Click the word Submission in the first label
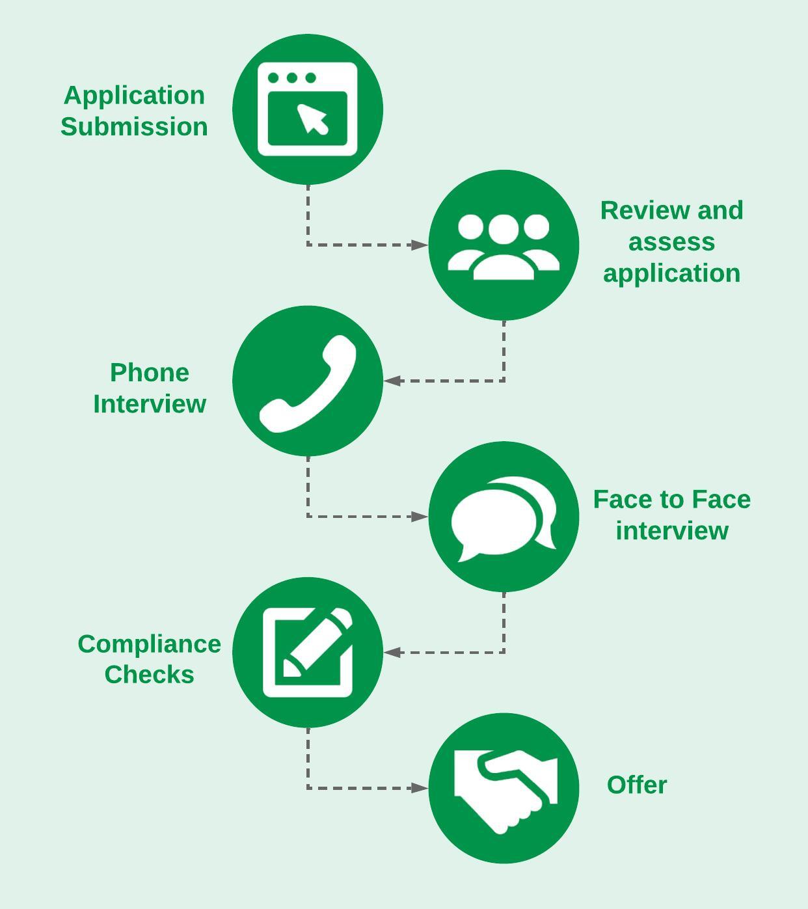(x=134, y=127)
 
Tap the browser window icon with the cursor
(x=307, y=109)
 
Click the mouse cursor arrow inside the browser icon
(x=313, y=119)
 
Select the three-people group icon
(x=504, y=247)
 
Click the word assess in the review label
(x=671, y=242)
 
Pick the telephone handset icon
(x=308, y=383)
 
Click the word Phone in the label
(x=150, y=373)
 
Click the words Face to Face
(x=671, y=500)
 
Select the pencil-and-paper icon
(x=308, y=652)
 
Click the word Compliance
(x=150, y=644)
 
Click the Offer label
(x=636, y=785)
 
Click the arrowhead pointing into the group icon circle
(x=420, y=245)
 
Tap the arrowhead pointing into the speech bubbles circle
(x=420, y=517)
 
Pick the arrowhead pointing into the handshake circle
(x=420, y=788)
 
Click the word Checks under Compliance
(x=150, y=675)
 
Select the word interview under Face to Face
(x=672, y=530)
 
